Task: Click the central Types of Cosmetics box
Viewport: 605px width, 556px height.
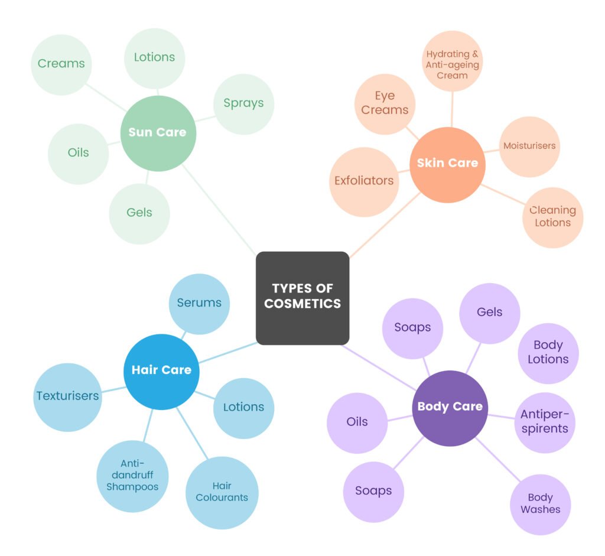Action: tap(302, 298)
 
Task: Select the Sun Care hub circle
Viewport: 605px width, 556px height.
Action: tap(157, 132)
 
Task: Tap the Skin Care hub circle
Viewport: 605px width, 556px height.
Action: tap(447, 164)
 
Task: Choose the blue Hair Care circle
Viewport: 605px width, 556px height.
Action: tap(161, 371)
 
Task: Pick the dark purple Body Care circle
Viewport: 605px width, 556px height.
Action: tap(450, 407)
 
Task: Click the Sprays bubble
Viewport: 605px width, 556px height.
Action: tap(243, 103)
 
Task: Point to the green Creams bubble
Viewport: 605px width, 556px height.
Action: tap(61, 64)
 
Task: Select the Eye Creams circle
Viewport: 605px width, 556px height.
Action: tap(385, 103)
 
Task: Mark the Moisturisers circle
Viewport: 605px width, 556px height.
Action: tap(529, 146)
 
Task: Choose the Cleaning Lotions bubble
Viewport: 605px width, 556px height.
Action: tap(552, 217)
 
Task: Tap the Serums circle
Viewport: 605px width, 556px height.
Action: tap(199, 303)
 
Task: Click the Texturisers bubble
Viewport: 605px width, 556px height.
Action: tap(67, 396)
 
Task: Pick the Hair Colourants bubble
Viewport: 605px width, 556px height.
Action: tap(222, 492)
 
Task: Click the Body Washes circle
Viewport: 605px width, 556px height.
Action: tap(540, 504)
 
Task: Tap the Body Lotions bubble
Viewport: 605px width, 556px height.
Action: tap(548, 353)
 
